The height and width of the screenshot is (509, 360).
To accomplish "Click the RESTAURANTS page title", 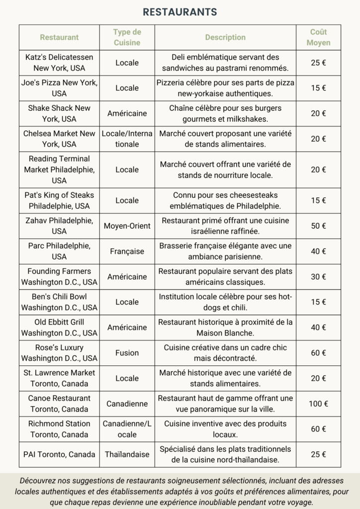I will pos(180,12).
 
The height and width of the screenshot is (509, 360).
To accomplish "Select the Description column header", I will pos(225,37).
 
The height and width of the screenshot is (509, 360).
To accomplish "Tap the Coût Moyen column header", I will pos(318,37).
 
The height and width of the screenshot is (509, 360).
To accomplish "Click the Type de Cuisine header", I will pos(127,37).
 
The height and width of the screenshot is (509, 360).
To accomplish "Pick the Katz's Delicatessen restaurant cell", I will pos(59,63).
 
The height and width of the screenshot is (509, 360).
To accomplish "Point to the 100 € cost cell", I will pos(318,404).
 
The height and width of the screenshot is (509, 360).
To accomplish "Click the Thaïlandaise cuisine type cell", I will pos(127,454).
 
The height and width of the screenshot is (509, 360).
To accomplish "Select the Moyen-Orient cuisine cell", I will pos(127,226).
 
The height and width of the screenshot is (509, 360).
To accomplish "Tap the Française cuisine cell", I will pos(127,252).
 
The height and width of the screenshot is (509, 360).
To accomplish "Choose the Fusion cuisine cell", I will pos(127,353).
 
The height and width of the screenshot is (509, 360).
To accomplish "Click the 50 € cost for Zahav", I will pos(318,226).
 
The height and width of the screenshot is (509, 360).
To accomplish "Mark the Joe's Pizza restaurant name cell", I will pos(59,88).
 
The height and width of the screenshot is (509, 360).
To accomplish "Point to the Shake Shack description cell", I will pos(225,113).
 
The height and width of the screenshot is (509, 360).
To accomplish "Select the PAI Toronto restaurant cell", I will pos(59,454).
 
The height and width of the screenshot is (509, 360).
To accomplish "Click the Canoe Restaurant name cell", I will pos(59,404).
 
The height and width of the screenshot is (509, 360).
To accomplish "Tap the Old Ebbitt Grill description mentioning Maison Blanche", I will pos(225,328).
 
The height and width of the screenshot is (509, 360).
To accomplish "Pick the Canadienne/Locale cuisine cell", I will pos(127,429).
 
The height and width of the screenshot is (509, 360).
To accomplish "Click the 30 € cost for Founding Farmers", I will pos(318,277).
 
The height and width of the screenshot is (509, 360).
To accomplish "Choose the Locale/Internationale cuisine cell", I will pos(127,139).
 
